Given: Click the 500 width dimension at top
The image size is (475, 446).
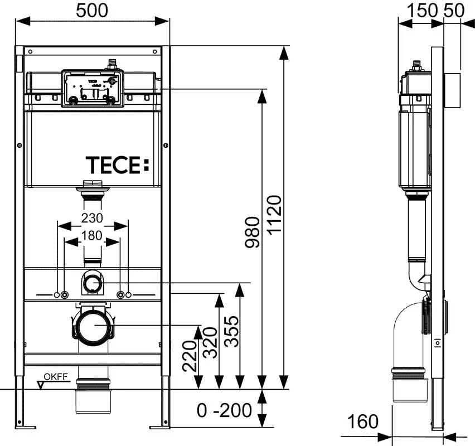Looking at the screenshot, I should point(93,10).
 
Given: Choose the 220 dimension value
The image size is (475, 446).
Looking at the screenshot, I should point(189,356).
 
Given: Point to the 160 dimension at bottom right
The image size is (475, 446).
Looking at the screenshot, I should point(362,421).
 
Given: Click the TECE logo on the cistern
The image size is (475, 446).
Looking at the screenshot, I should point(118,165).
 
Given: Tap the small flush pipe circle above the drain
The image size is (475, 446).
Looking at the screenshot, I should point(92,284).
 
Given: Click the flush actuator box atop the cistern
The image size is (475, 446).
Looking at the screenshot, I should point(93,87).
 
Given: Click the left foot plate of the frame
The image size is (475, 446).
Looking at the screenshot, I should point(21,426).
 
